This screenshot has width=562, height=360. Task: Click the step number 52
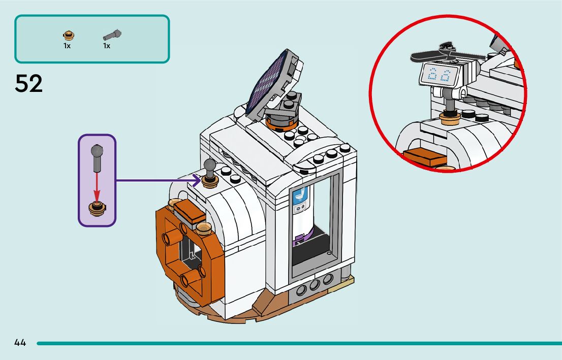[29, 84]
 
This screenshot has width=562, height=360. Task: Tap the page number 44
[20, 343]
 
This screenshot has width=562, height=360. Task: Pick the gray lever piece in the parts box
[112, 35]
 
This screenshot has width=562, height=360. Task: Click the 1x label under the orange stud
[67, 46]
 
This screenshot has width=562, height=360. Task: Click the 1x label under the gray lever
[107, 46]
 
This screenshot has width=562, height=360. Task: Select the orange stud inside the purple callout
[97, 208]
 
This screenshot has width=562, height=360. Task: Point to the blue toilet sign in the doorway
[300, 201]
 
